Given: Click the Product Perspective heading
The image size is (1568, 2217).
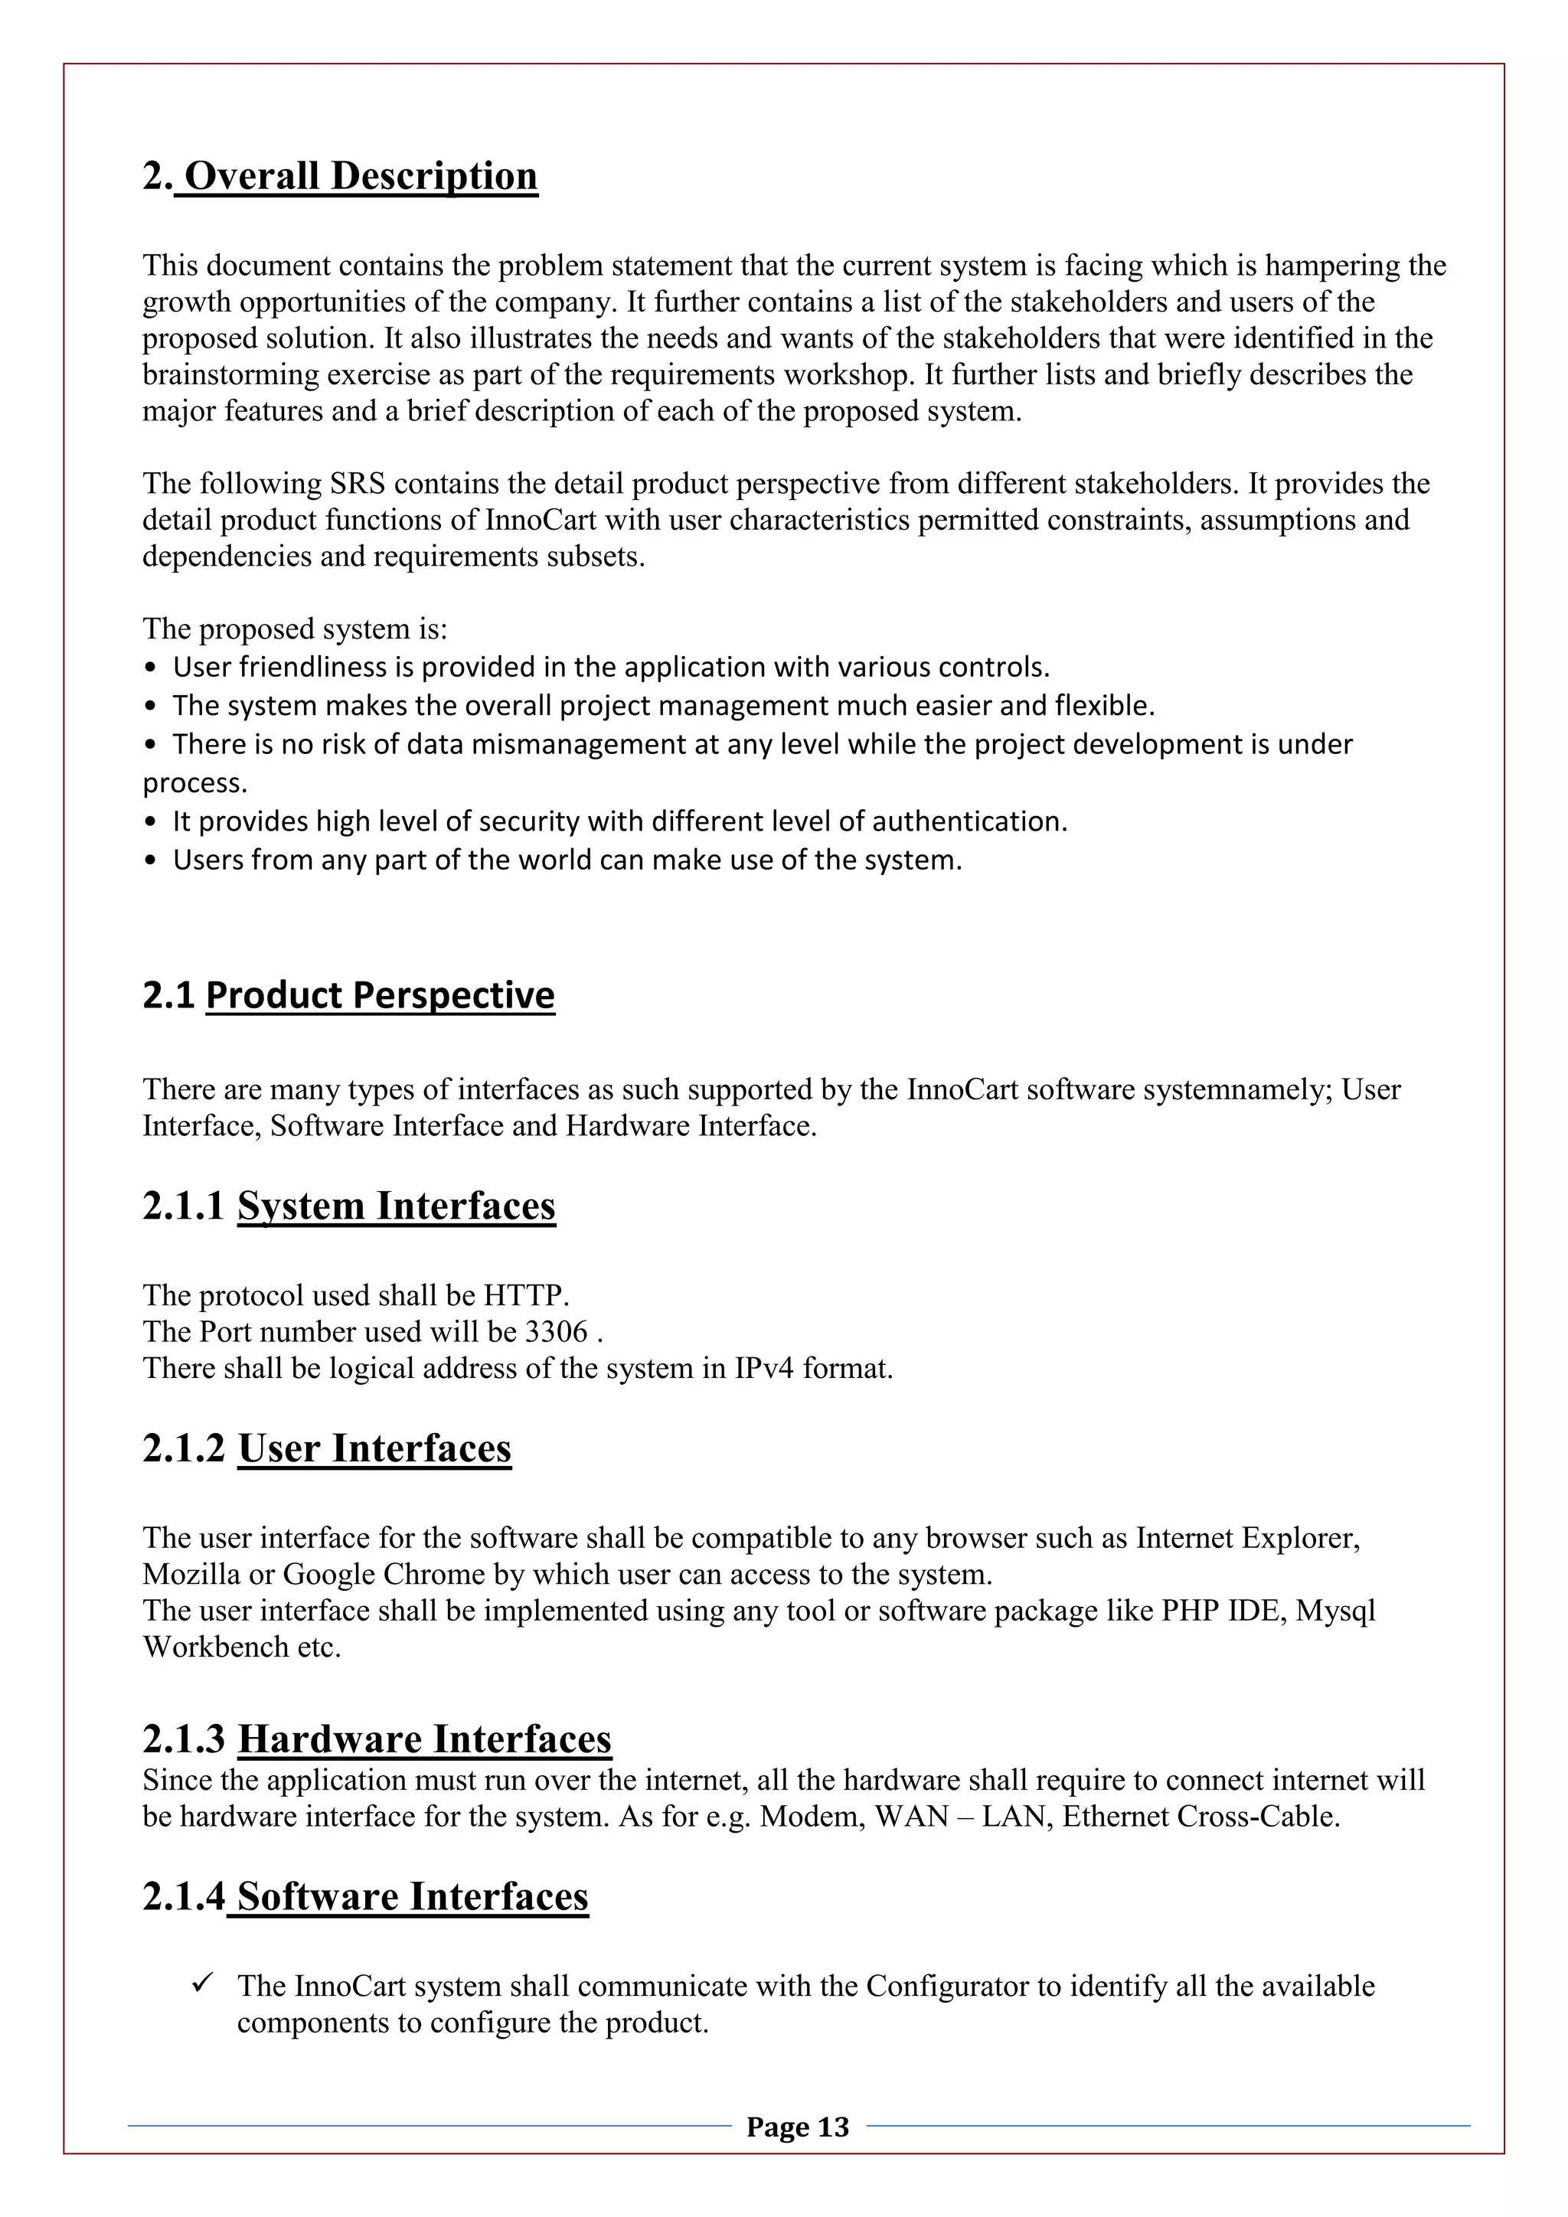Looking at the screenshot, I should pyautogui.click(x=380, y=994).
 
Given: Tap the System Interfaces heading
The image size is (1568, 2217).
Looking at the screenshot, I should pyautogui.click(x=396, y=1205).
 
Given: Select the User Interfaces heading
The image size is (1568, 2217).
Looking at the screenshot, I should pyautogui.click(x=374, y=1448).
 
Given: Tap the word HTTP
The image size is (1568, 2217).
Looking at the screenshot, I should pyautogui.click(x=524, y=1295).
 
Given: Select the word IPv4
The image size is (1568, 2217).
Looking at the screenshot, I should pyautogui.click(x=764, y=1368).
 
